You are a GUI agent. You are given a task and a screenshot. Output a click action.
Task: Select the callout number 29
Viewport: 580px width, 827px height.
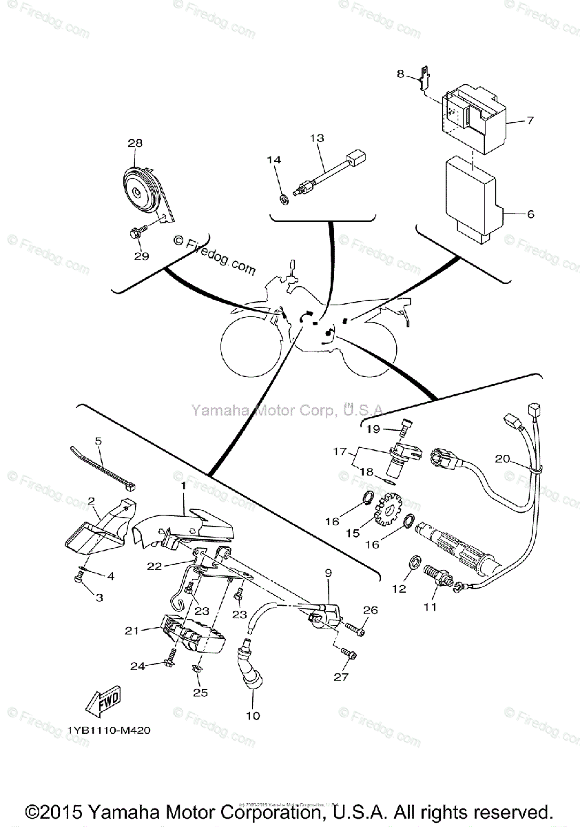click(141, 256)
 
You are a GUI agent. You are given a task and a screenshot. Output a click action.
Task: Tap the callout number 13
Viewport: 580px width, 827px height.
click(317, 139)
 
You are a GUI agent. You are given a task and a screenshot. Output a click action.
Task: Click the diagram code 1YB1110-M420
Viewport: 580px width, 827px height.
click(109, 731)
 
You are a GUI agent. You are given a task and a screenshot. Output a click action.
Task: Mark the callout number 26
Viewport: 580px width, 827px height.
click(371, 610)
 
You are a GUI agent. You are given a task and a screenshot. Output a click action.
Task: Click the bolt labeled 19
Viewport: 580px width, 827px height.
click(405, 429)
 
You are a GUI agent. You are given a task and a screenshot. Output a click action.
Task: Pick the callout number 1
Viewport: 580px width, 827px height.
click(183, 487)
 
